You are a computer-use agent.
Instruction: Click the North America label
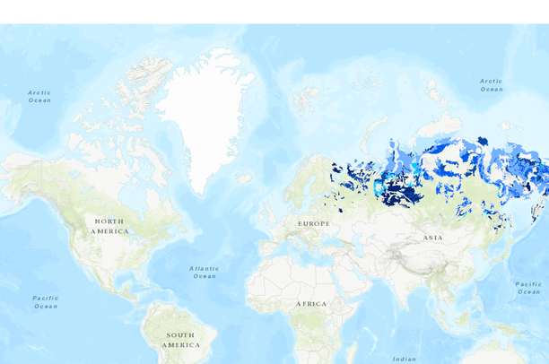click(x=109, y=226)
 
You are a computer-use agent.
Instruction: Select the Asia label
click(x=433, y=238)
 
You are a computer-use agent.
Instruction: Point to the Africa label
click(x=311, y=304)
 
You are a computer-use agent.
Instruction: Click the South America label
click(x=180, y=340)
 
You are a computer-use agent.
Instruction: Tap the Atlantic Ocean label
click(x=205, y=272)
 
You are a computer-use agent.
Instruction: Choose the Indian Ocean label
click(x=404, y=359)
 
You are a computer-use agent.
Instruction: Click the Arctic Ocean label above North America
click(x=39, y=96)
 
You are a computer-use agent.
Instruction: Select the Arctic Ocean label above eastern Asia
click(x=491, y=85)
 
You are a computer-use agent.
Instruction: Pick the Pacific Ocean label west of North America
click(x=45, y=302)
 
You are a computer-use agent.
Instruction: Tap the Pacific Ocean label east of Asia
click(x=528, y=288)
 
